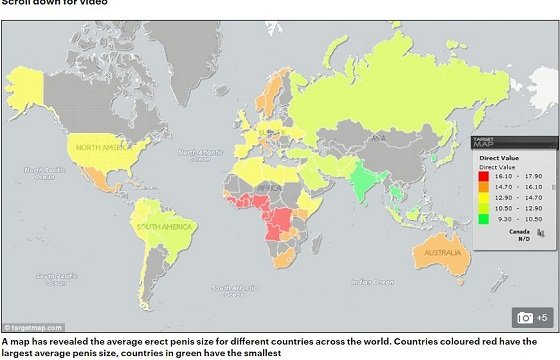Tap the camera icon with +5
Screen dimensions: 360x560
coord(530,316)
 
